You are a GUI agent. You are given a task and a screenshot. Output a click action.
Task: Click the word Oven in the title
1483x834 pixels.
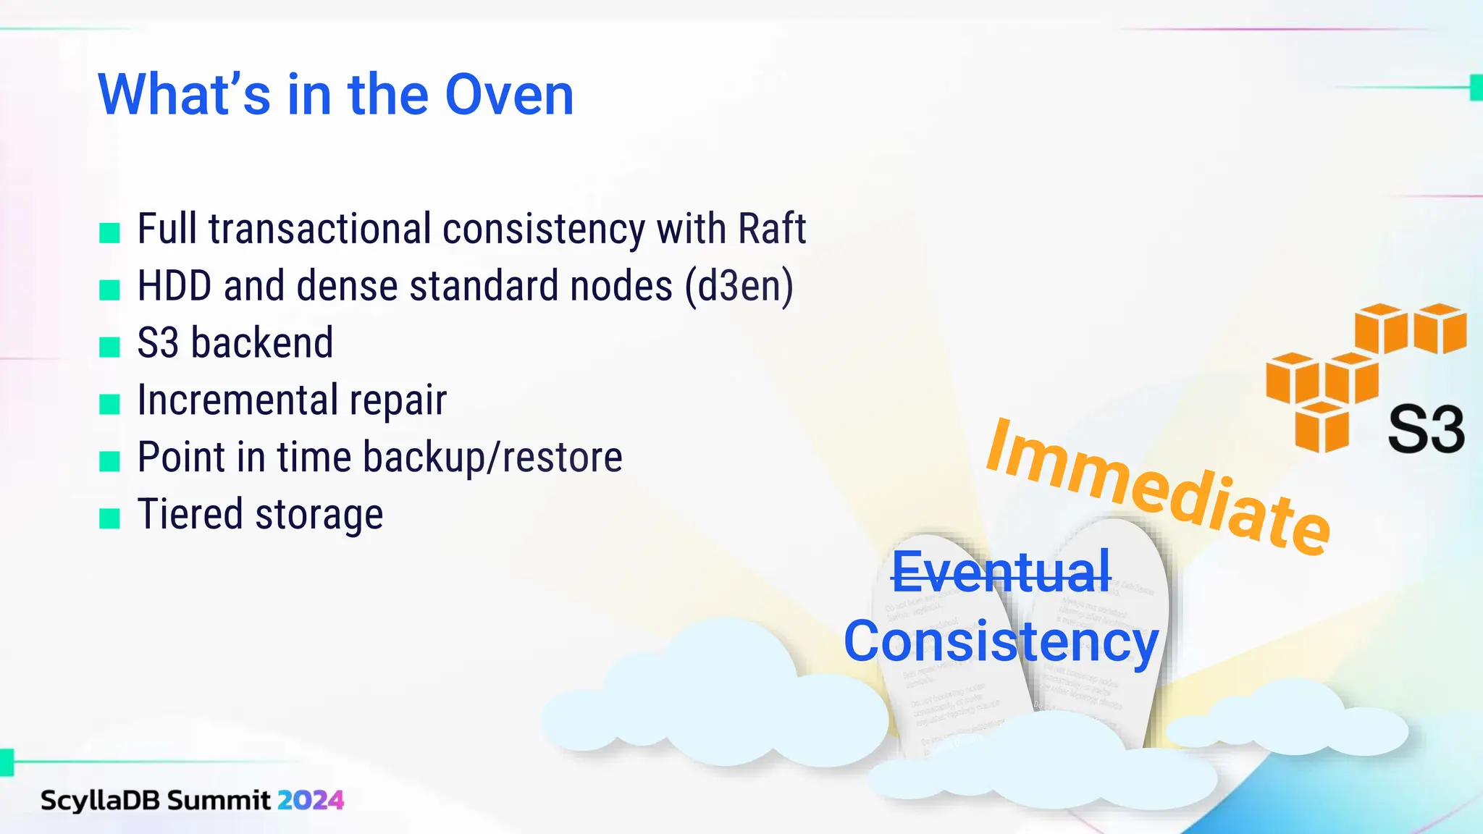point(509,95)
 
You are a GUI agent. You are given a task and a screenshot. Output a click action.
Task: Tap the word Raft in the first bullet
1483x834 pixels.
point(771,229)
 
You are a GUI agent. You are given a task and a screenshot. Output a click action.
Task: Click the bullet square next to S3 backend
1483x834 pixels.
point(109,347)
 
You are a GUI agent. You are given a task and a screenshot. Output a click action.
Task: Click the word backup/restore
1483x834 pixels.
point(492,457)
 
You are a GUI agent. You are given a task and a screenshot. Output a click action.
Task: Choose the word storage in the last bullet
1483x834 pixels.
point(319,514)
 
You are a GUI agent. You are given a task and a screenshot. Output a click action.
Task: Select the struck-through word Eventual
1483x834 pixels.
point(1001,572)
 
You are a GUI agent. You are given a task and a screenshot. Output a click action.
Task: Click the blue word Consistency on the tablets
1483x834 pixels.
point(1001,641)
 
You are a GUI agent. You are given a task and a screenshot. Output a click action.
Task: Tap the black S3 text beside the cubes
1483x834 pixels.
point(1425,430)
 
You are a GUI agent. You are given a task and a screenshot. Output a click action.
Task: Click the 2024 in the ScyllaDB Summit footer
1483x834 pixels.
point(310,801)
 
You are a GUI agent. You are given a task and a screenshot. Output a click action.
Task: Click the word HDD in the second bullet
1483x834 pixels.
point(174,285)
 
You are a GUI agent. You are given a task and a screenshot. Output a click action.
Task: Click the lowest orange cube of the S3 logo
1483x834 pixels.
point(1322,428)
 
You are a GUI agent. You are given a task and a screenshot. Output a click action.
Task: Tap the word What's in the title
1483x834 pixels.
point(184,95)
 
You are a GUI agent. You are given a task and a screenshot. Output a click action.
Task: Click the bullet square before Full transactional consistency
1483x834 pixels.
point(109,233)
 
